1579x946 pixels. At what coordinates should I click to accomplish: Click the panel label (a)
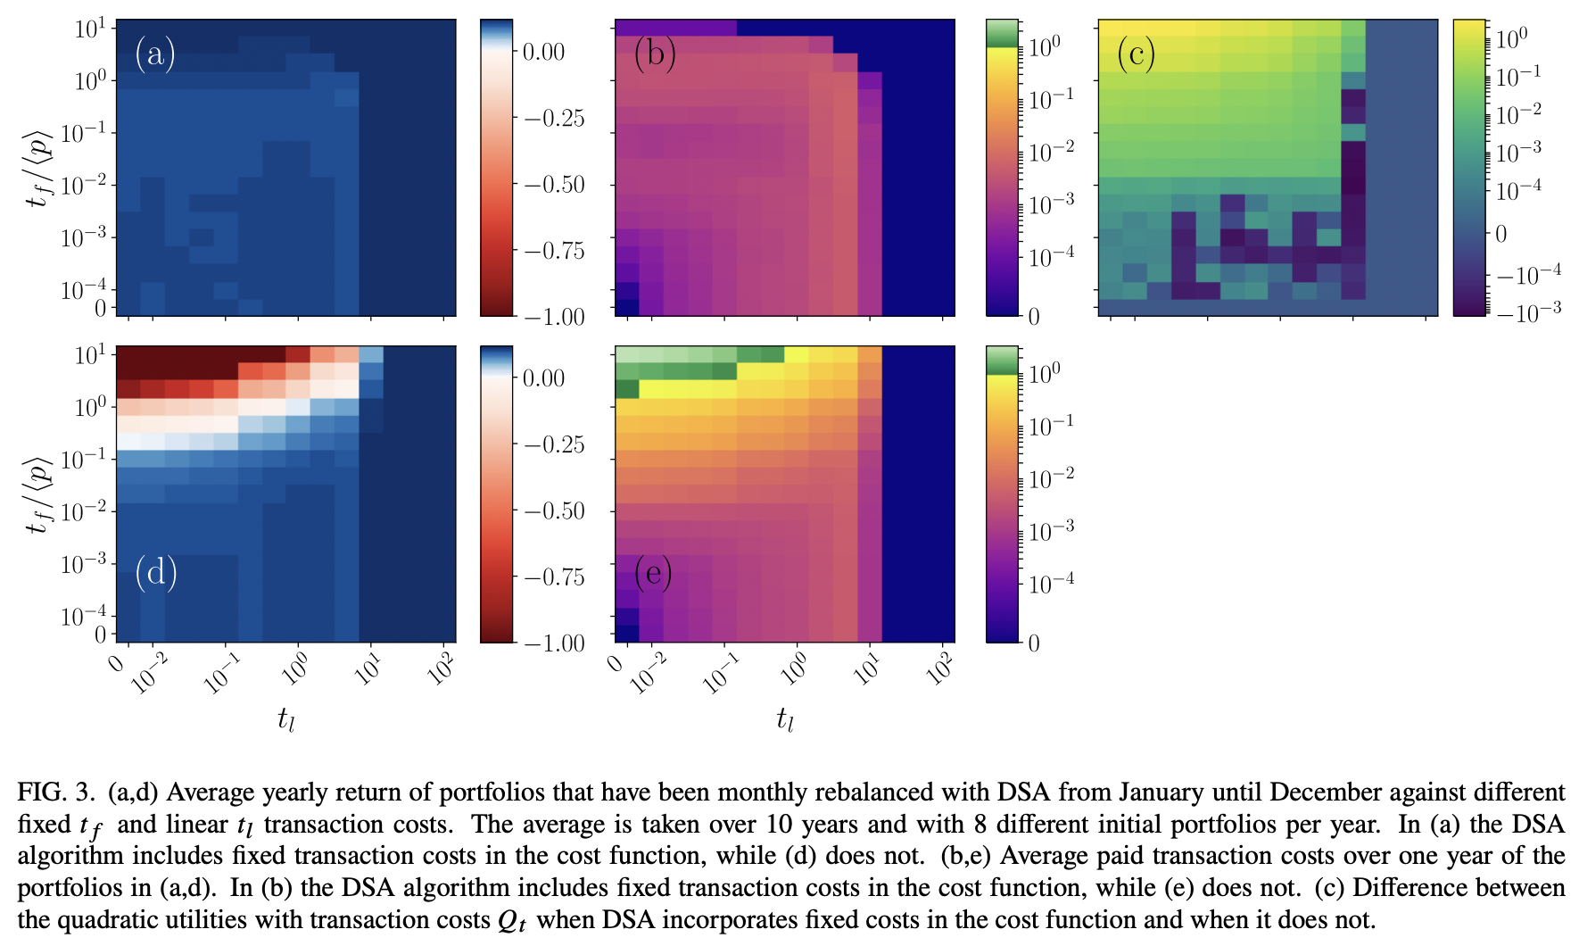tap(154, 54)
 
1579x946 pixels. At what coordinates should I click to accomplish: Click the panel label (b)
tap(654, 54)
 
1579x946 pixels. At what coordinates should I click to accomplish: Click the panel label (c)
tap(1136, 54)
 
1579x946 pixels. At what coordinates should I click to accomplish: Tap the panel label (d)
tap(155, 571)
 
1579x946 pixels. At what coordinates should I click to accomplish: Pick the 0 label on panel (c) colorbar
tap(1500, 234)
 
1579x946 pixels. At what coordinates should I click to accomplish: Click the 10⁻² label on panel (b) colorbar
tap(1051, 153)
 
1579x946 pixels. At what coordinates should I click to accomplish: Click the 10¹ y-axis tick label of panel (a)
tap(89, 29)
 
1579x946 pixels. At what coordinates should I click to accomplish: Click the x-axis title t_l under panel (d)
tap(285, 718)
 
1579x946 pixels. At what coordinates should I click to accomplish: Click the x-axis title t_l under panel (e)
tap(784, 718)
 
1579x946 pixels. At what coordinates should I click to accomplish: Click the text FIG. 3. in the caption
tap(55, 792)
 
